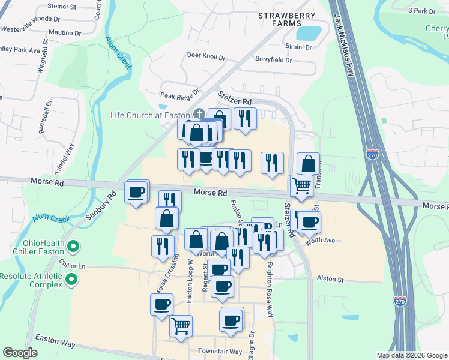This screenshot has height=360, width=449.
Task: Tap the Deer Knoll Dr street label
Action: coord(206,58)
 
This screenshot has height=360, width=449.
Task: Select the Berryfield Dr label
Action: coord(273,60)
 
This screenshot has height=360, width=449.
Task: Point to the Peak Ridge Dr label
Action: coord(179,95)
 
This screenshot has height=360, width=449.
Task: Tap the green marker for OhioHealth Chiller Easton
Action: coord(73,246)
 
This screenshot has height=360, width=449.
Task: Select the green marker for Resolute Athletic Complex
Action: coord(73,279)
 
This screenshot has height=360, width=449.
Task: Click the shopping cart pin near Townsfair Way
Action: coord(181,326)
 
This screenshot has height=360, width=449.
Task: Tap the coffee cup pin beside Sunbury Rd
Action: coord(136,193)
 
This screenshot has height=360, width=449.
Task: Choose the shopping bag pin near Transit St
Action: coord(308,163)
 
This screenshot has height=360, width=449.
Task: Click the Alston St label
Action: coord(330,280)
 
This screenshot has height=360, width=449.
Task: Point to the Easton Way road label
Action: coord(55,342)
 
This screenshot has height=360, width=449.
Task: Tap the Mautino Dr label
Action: coord(65,32)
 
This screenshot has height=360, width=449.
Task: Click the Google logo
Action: coord(20,353)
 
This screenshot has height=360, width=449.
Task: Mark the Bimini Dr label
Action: coord(299,47)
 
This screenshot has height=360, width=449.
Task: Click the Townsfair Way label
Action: coord(220,351)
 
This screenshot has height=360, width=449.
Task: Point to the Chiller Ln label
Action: coord(73,265)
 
